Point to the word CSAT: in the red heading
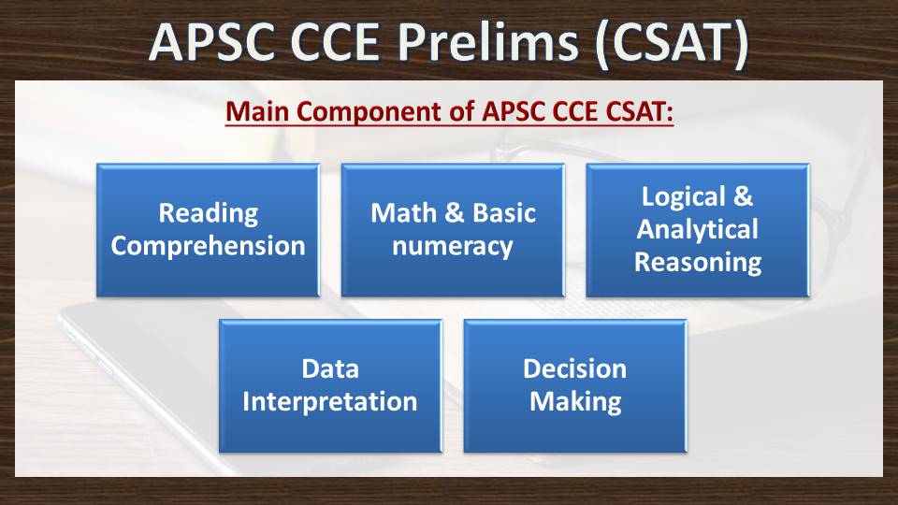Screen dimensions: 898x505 (x=639, y=111)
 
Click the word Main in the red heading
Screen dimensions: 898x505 (x=258, y=111)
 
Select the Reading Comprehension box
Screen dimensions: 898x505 (x=208, y=230)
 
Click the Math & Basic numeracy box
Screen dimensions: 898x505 (x=453, y=230)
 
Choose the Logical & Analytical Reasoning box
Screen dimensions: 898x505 (x=698, y=230)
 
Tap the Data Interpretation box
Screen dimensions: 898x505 (x=330, y=386)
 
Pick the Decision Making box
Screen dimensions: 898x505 (x=575, y=386)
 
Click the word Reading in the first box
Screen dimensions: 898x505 (x=209, y=213)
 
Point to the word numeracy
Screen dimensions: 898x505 (x=453, y=247)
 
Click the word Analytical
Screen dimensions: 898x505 (x=698, y=230)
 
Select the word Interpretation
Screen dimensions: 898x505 (x=330, y=402)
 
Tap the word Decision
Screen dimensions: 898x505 (x=575, y=369)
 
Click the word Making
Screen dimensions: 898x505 (x=575, y=402)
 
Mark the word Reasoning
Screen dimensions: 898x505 (x=698, y=263)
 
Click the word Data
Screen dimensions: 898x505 (x=330, y=369)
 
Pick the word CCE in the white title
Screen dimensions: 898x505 (x=335, y=42)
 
